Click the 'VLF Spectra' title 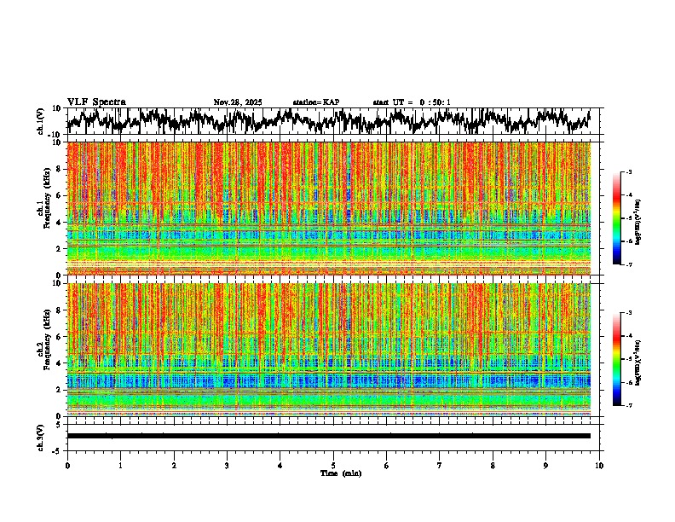click(x=96, y=102)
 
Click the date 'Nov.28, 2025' click(x=238, y=102)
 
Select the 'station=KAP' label click(x=316, y=102)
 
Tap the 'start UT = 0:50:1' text click(x=411, y=102)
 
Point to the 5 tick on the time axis click(x=333, y=465)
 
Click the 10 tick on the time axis click(x=599, y=465)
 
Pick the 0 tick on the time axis click(x=67, y=465)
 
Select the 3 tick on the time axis click(x=227, y=465)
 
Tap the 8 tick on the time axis click(x=493, y=465)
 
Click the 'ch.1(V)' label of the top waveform click(x=41, y=122)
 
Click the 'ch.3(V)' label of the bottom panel click(x=41, y=436)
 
